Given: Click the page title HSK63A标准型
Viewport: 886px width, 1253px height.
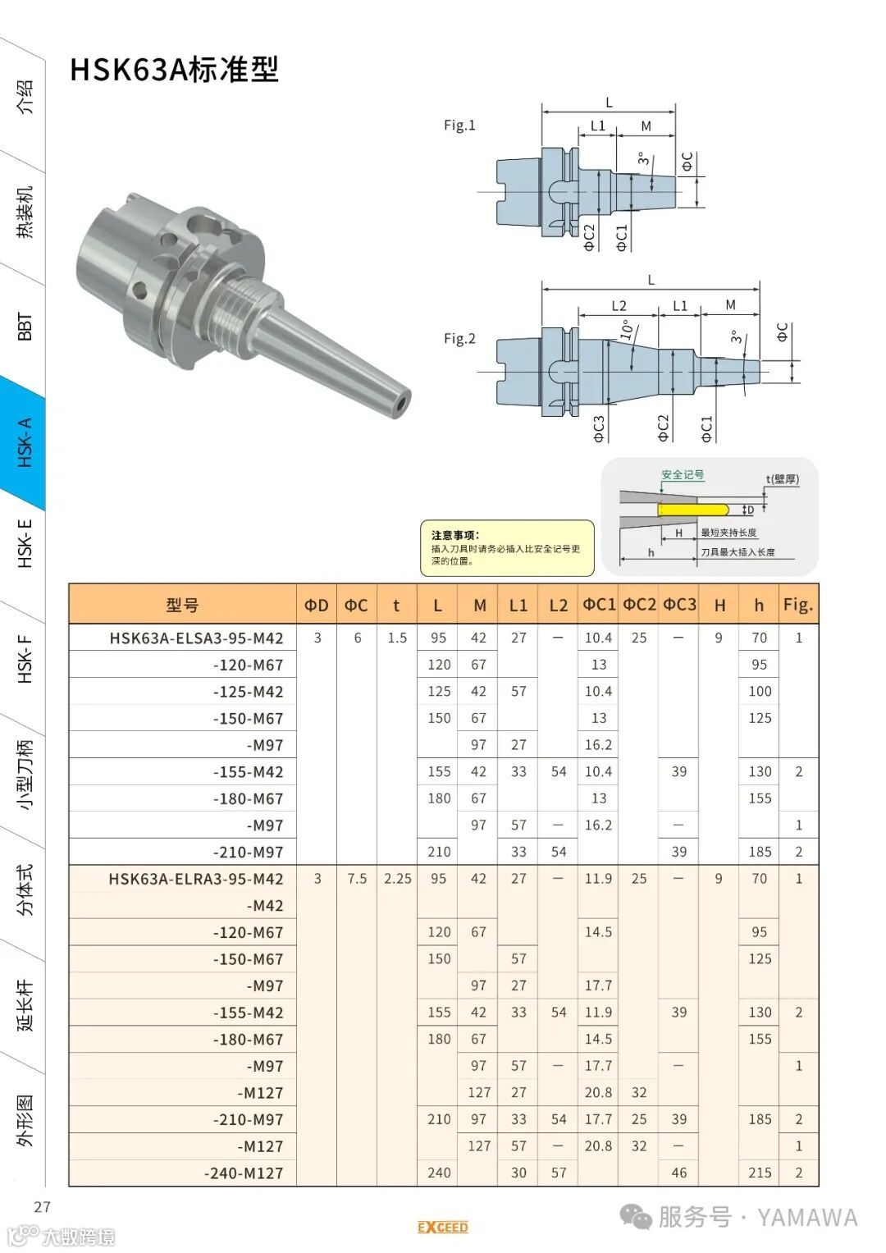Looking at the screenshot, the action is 174,70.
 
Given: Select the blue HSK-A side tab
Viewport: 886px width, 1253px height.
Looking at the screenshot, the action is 23,441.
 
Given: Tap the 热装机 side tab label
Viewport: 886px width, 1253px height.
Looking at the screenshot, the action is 25,213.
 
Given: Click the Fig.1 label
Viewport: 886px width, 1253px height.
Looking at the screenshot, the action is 459,126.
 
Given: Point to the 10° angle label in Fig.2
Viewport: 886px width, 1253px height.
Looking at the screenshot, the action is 627,330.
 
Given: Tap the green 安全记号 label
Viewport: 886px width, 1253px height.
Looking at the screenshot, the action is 683,475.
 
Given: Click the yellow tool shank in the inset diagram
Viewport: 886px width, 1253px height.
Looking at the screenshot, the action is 693,510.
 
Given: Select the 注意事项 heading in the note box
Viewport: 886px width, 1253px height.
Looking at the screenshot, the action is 455,535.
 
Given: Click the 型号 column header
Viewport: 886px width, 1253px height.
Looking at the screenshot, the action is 182,605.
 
